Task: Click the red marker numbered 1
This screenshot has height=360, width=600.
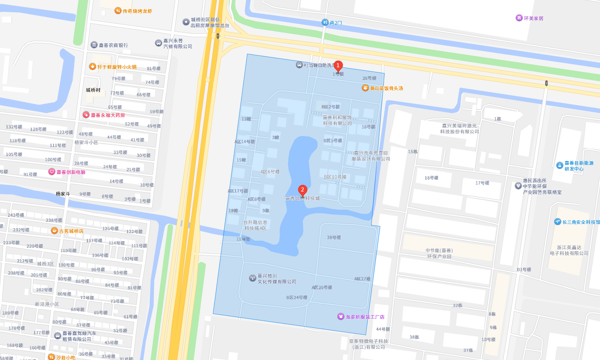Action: click(338, 66)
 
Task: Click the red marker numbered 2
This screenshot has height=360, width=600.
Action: click(303, 190)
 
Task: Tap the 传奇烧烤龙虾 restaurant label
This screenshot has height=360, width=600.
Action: click(137, 11)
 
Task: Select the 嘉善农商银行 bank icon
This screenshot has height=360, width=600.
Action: click(94, 45)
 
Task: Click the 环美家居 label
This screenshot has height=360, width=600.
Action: click(533, 18)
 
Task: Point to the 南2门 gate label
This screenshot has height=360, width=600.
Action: click(336, 23)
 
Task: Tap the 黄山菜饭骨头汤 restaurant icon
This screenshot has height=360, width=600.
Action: click(365, 88)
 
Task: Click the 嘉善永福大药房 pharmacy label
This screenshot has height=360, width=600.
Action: click(108, 115)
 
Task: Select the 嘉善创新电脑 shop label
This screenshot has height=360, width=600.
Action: click(71, 172)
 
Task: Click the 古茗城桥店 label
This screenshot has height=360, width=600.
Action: click(71, 231)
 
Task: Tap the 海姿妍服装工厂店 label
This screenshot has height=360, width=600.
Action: click(365, 316)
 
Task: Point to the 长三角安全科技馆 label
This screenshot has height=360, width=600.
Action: click(581, 222)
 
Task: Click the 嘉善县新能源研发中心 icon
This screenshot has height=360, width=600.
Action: click(559, 165)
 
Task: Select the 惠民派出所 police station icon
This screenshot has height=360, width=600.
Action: click(518, 186)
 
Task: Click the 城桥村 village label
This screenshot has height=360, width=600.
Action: click(93, 90)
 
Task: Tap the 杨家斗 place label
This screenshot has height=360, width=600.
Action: click(63, 194)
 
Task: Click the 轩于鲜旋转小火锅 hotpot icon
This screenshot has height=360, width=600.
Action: click(93, 67)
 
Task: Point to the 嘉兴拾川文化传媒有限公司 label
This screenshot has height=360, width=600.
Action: click(277, 279)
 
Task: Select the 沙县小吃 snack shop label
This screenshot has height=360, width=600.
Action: click(66, 357)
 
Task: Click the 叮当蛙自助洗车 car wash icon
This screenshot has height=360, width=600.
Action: click(299, 65)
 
